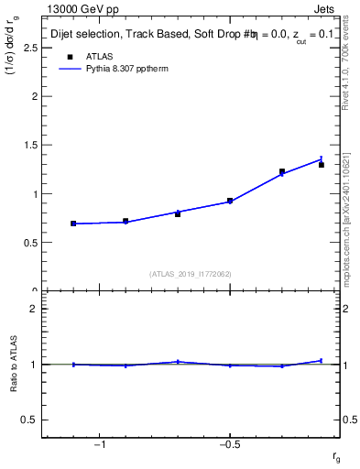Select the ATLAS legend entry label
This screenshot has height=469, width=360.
[100, 56]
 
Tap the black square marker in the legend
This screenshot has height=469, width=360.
[66, 56]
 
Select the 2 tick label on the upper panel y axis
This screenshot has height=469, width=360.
[34, 96]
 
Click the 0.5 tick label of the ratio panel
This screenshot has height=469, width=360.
[29, 420]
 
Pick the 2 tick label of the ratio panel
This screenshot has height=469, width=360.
[34, 309]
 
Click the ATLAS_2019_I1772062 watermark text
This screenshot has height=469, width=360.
[191, 273]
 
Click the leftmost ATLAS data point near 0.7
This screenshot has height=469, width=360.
[73, 224]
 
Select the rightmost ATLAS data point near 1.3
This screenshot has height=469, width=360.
[321, 165]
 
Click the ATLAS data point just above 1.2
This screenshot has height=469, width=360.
[282, 171]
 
